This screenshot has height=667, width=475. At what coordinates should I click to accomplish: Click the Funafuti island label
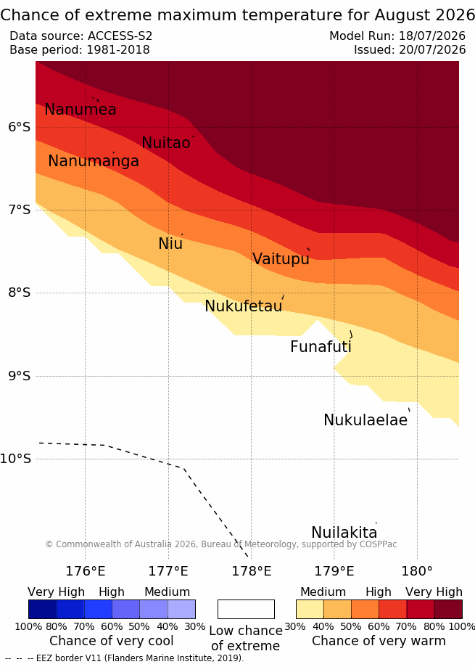pyautogui.click(x=321, y=347)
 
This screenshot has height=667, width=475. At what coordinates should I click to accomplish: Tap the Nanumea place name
pyautogui.click(x=80, y=110)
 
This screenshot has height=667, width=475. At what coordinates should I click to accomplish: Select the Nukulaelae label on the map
pyautogui.click(x=365, y=420)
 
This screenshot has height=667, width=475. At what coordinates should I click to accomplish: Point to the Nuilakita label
pyautogui.click(x=344, y=532)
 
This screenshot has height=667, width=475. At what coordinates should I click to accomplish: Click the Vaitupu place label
pyautogui.click(x=281, y=258)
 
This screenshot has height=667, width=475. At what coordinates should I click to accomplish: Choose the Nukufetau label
pyautogui.click(x=244, y=306)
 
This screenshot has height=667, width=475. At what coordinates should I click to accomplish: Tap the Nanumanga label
pyautogui.click(x=94, y=161)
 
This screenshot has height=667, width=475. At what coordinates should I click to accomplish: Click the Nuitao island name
pyautogui.click(x=165, y=142)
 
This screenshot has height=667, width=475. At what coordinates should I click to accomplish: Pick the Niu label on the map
pyautogui.click(x=170, y=243)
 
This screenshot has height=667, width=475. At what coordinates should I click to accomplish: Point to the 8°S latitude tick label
pyautogui.click(x=20, y=292)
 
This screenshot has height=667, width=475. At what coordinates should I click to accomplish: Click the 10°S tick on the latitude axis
pyautogui.click(x=16, y=459)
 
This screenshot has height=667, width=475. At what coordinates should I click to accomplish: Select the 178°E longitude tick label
pyautogui.click(x=251, y=571)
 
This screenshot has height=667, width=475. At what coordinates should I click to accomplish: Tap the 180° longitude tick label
pyautogui.click(x=417, y=571)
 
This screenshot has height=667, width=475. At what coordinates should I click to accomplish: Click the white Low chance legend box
pyautogui.click(x=246, y=609)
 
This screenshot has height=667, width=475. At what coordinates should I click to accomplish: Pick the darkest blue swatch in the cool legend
pyautogui.click(x=43, y=609)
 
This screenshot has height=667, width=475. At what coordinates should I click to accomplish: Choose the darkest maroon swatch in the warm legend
pyautogui.click(x=448, y=609)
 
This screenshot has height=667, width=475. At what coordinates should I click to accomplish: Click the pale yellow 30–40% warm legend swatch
pyautogui.click(x=310, y=609)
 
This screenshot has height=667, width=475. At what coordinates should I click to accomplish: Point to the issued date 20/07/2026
pyautogui.click(x=432, y=50)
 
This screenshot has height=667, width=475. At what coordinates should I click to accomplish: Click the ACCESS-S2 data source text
pyautogui.click(x=120, y=36)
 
